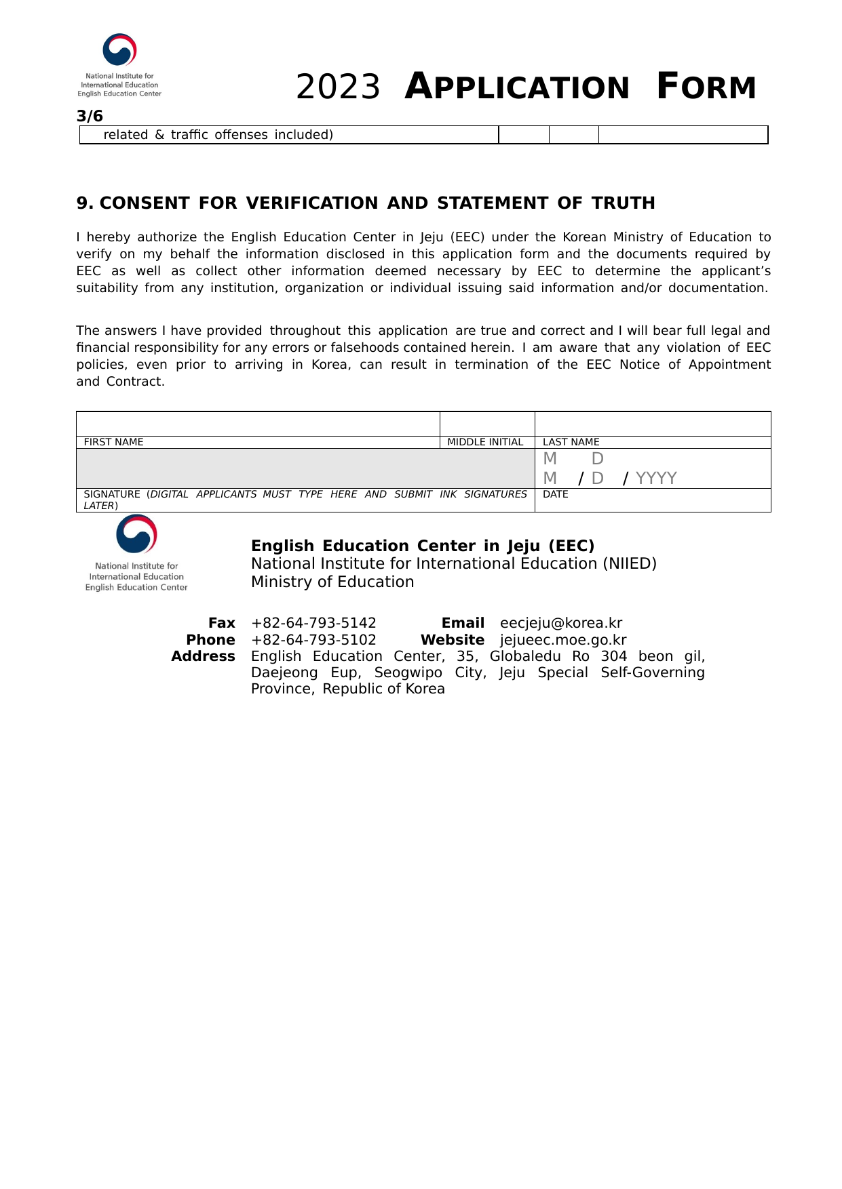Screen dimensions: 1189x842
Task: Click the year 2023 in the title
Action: pos(338,87)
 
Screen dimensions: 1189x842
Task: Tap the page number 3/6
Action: pos(90,116)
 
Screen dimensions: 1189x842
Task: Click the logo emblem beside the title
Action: pos(119,50)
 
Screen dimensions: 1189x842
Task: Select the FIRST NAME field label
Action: pos(113,442)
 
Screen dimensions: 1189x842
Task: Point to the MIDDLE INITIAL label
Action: pos(485,442)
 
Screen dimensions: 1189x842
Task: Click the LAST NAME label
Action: pos(571,442)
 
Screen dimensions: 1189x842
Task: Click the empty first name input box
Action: pos(258,424)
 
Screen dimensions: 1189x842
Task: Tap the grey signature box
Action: pos(305,468)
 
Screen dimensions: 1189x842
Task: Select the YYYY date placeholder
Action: pos(656,479)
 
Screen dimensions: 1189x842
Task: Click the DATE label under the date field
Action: pos(555,494)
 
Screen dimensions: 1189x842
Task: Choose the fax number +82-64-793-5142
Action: pos(313,623)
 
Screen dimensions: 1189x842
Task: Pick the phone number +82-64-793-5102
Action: pos(313,640)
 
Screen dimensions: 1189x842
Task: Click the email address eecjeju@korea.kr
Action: pos(561,623)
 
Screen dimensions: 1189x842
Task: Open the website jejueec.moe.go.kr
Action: pos(563,640)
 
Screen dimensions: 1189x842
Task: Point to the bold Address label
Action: pos(203,656)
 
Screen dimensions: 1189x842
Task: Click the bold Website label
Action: pos(453,640)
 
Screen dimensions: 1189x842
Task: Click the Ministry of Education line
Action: pos(332,582)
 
